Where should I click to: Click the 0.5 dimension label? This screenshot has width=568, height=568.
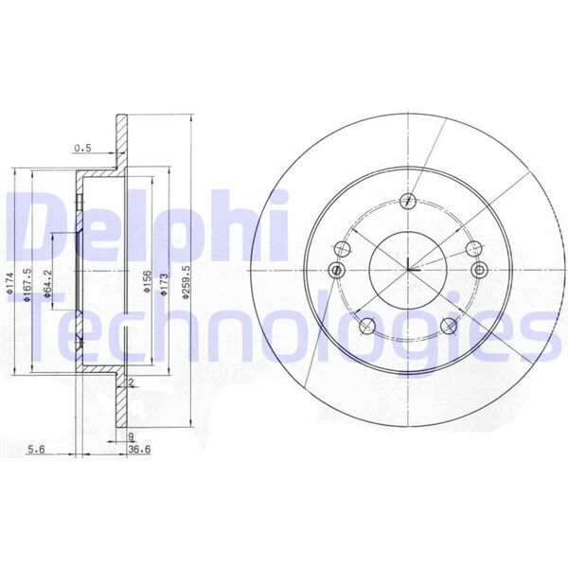coord(82,148)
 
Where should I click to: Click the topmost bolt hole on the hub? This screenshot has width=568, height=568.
coord(407,201)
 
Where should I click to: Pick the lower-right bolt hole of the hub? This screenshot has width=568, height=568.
coord(449,326)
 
